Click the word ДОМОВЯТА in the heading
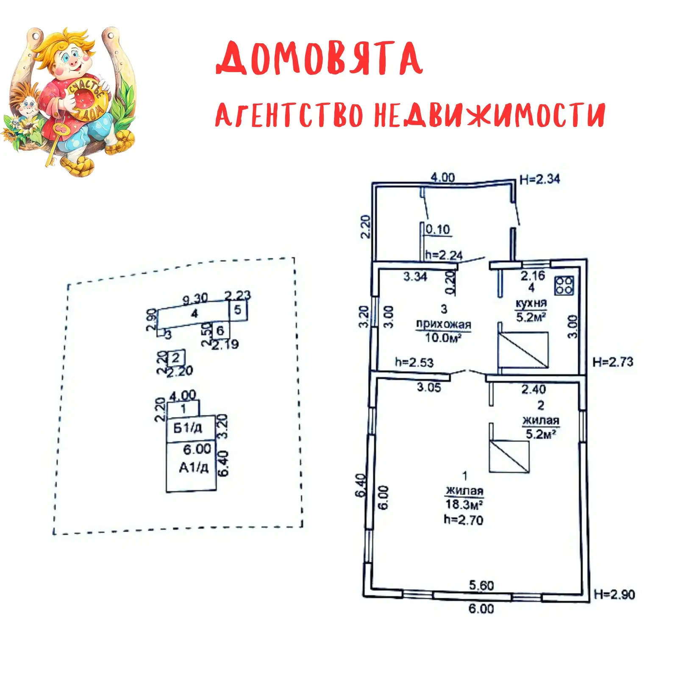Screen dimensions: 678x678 click(x=319, y=58)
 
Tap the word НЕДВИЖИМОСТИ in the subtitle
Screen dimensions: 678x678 click(x=489, y=115)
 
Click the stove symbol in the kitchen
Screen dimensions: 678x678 click(x=564, y=285)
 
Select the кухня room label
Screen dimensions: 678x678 click(x=531, y=303)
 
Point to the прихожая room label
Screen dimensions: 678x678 click(x=443, y=325)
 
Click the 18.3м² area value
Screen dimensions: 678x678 click(x=464, y=504)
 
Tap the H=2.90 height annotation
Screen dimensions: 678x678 click(x=614, y=594)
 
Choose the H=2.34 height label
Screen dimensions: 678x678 click(x=539, y=179)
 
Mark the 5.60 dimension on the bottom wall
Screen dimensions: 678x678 click(x=481, y=586)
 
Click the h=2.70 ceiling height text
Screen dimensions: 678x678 click(x=464, y=520)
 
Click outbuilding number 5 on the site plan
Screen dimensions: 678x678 click(x=238, y=310)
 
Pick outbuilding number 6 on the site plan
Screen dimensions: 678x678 click(x=220, y=330)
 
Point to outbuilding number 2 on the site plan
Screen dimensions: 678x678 click(x=176, y=358)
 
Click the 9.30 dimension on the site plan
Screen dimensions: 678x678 click(x=195, y=299)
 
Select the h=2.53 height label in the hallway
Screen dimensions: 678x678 click(x=414, y=362)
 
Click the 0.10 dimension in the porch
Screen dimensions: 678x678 click(x=438, y=229)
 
